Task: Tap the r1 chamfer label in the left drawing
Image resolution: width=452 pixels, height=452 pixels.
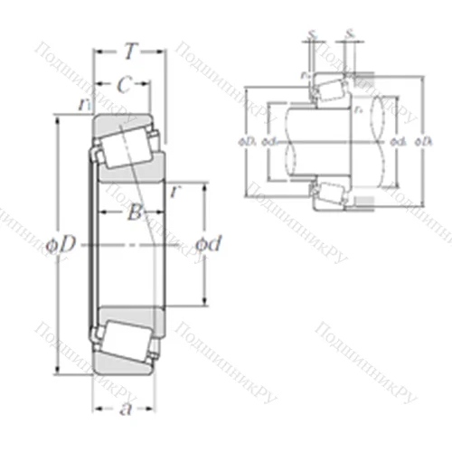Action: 86,105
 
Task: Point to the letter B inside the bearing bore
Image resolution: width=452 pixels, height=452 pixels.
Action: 133,214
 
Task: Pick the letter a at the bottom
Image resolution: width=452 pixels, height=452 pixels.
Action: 126,410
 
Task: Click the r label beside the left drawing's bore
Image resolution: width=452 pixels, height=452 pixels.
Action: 174,192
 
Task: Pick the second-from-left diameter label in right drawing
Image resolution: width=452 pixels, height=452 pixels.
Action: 268,141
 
